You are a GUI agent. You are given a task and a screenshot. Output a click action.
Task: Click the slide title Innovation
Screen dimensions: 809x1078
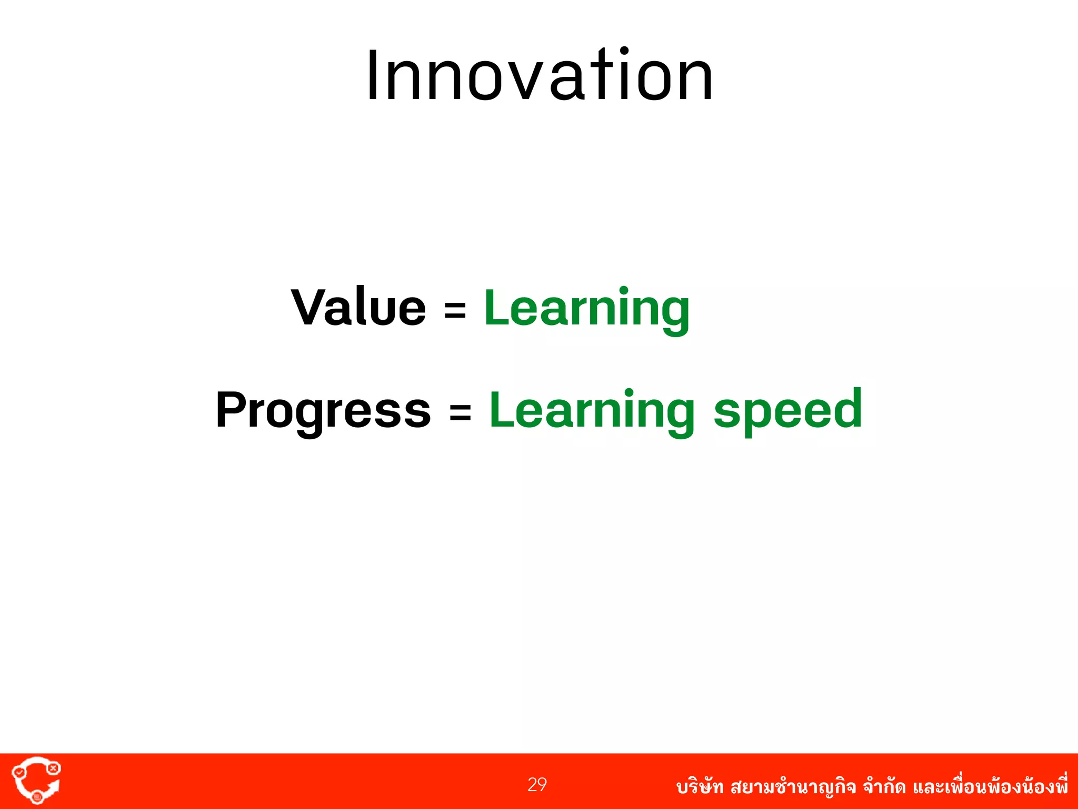[540, 76]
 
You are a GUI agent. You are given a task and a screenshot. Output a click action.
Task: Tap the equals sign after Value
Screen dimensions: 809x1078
[455, 310]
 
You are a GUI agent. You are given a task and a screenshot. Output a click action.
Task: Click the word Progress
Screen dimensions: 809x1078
[323, 411]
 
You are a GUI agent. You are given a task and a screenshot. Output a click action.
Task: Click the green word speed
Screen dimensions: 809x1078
[787, 411]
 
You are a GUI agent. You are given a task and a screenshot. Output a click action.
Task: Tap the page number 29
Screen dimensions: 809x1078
[537, 785]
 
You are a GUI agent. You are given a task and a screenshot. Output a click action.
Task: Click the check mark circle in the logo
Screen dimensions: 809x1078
[18, 772]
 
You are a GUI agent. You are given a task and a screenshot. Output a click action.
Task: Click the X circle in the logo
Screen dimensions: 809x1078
[53, 768]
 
